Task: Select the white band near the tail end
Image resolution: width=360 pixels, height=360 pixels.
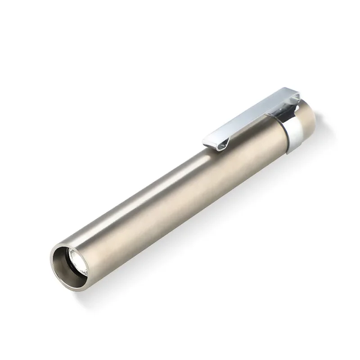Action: click(295, 133)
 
